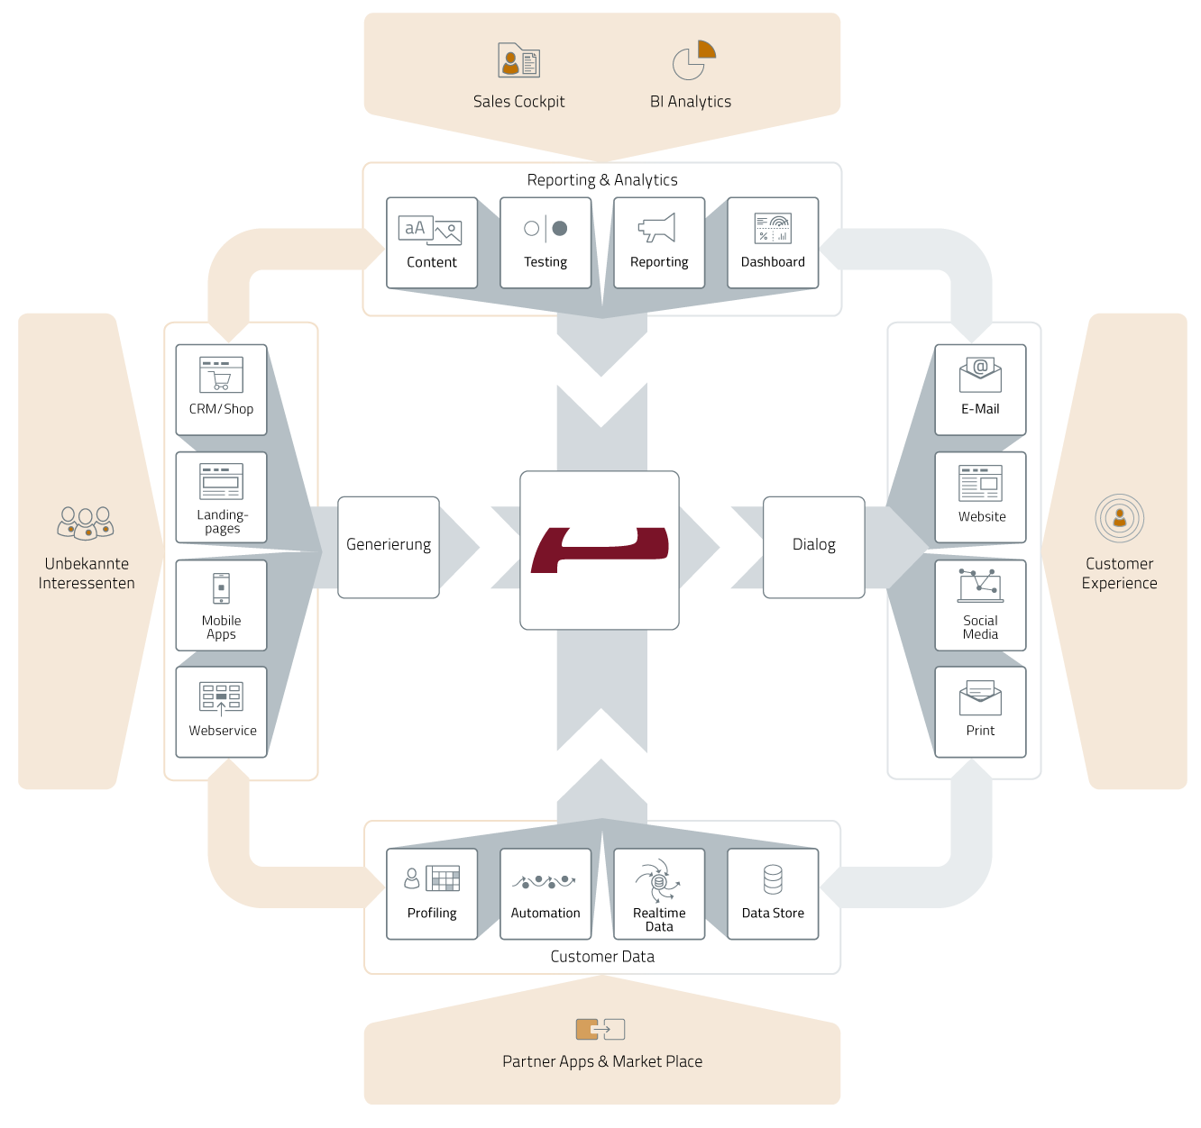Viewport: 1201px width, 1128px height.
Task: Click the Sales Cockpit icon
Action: click(518, 60)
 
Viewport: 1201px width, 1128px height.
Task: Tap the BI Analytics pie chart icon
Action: click(693, 59)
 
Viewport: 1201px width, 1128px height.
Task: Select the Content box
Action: click(432, 243)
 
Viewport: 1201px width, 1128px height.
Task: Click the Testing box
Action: click(545, 243)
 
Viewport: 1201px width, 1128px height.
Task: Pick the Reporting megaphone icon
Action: click(657, 228)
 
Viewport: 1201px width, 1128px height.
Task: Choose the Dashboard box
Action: click(773, 243)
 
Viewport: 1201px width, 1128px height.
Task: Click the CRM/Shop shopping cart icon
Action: click(221, 375)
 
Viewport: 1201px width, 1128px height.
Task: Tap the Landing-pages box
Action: click(222, 497)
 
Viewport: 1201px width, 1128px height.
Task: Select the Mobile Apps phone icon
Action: click(221, 588)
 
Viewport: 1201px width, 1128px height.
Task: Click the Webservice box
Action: click(222, 712)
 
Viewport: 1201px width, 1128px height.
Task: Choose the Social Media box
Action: click(980, 605)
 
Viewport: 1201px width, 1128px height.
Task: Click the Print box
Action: click(980, 712)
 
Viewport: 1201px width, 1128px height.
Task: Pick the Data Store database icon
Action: click(773, 879)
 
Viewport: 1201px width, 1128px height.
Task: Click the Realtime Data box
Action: click(659, 894)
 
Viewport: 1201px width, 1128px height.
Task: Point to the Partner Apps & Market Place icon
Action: click(600, 1029)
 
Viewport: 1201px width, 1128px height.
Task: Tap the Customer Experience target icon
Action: click(1120, 518)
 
